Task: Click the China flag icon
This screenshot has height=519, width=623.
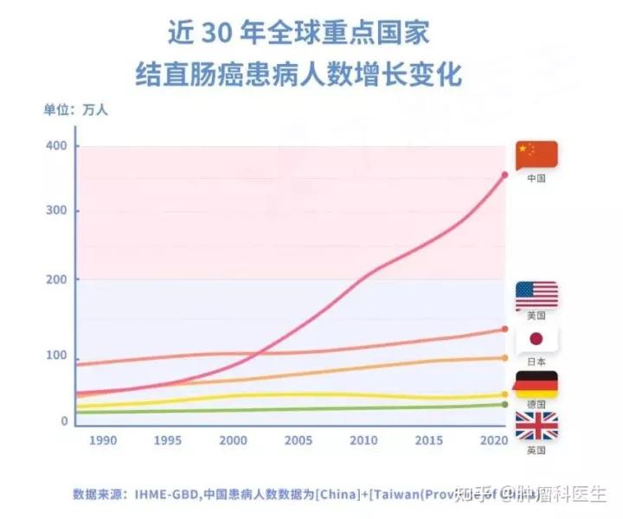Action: coord(536,155)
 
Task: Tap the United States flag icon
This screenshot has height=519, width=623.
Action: coord(536,296)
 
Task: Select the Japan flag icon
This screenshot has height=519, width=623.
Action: coord(536,340)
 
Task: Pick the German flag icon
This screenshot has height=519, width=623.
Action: coord(536,384)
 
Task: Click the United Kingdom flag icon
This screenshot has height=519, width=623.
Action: coord(536,426)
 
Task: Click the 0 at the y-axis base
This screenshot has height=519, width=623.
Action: coord(64,421)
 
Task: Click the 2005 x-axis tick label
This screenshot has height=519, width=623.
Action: coord(299,441)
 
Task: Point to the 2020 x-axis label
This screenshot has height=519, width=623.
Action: coord(493,441)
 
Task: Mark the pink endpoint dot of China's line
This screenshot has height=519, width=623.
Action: coord(504,176)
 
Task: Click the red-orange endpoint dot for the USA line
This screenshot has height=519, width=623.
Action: coord(504,330)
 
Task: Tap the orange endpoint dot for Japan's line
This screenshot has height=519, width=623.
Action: coord(504,358)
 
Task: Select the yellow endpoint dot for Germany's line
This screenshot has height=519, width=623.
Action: coord(504,395)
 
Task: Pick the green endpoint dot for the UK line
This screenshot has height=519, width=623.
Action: coord(504,404)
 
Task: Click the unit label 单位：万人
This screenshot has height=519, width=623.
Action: coord(76,110)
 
